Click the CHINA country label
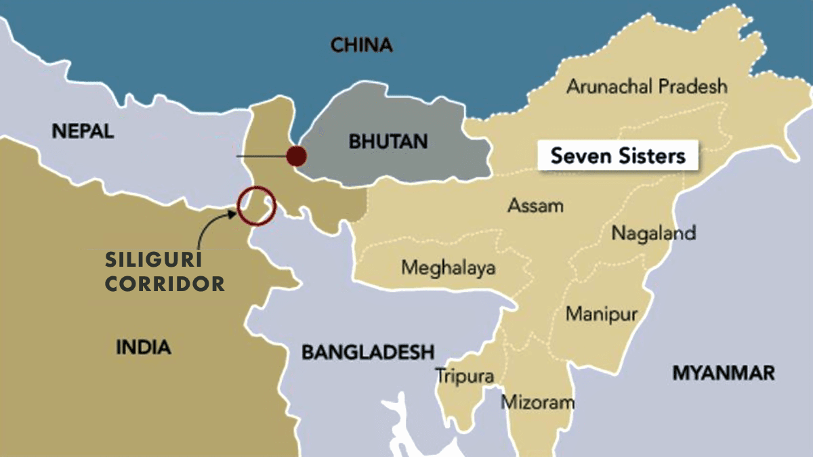pos(361,45)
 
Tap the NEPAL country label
pos(83,131)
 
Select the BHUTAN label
pos(388,142)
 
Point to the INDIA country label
pos(143,347)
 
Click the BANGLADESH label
pos(367,352)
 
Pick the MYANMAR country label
pos(723,372)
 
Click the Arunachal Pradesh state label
pos(647,87)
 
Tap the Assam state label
pos(535,205)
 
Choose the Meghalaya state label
pos(448,267)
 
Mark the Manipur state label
pos(602,314)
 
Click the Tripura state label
pos(464,376)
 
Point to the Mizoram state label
pos(537,402)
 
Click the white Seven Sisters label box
pos(618,156)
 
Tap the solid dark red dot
pos(295,156)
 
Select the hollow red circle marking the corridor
pos(256,205)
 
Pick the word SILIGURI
pos(155,261)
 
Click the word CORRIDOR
pos(165,284)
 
